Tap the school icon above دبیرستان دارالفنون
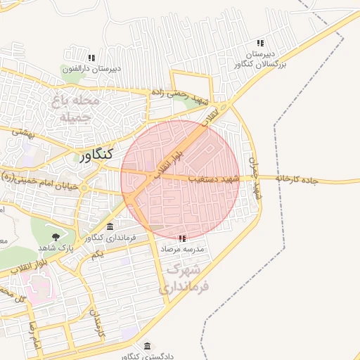pyautogui.click(x=91, y=58)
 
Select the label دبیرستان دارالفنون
pyautogui.click(x=91, y=68)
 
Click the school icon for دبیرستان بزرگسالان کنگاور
pyautogui.click(x=260, y=44)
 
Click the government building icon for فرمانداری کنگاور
pyautogui.click(x=110, y=226)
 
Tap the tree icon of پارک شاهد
pyautogui.click(x=56, y=237)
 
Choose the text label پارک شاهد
pyautogui.click(x=57, y=249)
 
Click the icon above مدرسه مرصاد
pyautogui.click(x=182, y=239)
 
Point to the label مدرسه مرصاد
pyautogui.click(x=182, y=250)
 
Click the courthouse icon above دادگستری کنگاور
pyautogui.click(x=147, y=346)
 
